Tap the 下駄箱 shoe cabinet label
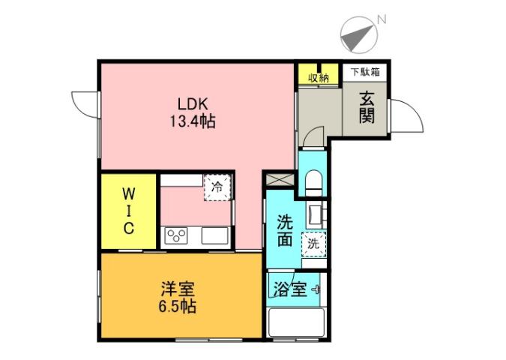coord(365,73)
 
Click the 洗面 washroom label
coord(284,230)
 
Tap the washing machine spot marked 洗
coord(313,243)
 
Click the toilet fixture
coord(313,182)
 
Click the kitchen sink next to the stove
coord(214,236)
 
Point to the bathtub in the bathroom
coord(295,323)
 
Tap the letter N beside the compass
coord(382,18)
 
